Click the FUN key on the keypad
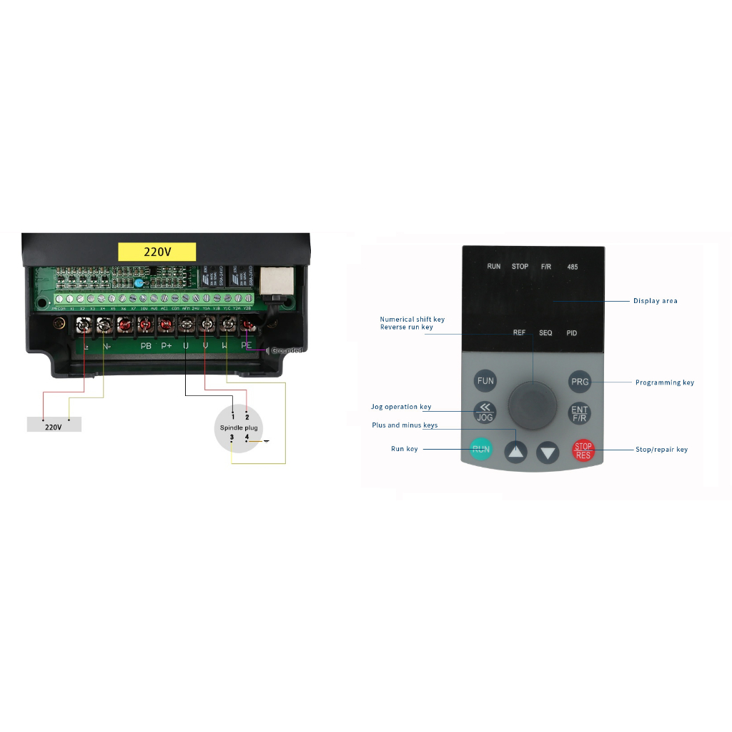click(x=485, y=381)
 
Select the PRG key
click(x=580, y=382)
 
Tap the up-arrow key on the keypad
click(x=516, y=452)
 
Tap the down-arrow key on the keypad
click(x=548, y=452)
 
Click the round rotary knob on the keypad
click(x=533, y=404)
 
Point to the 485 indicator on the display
click(x=573, y=267)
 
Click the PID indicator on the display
click(x=572, y=333)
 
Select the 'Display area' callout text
click(x=655, y=301)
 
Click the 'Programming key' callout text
click(x=664, y=382)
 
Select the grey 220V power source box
click(x=54, y=425)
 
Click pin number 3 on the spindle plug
click(x=232, y=437)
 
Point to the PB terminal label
click(x=146, y=346)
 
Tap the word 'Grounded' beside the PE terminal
click(x=287, y=350)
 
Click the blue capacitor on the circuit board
click(x=137, y=283)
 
